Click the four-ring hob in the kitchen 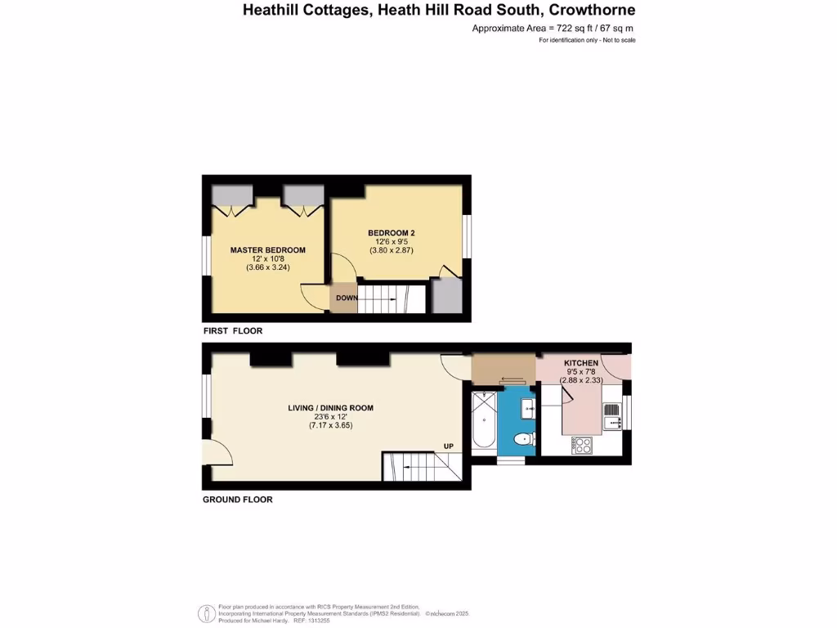584,445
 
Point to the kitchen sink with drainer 611,415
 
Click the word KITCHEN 581,363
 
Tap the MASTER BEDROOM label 267,250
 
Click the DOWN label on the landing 347,298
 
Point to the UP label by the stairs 448,446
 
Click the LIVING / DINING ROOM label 330,408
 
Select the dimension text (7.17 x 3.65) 330,425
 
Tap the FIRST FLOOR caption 232,331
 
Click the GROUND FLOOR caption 237,499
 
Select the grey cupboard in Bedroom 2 445,296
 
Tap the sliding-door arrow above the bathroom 512,379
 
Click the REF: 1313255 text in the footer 293,621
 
